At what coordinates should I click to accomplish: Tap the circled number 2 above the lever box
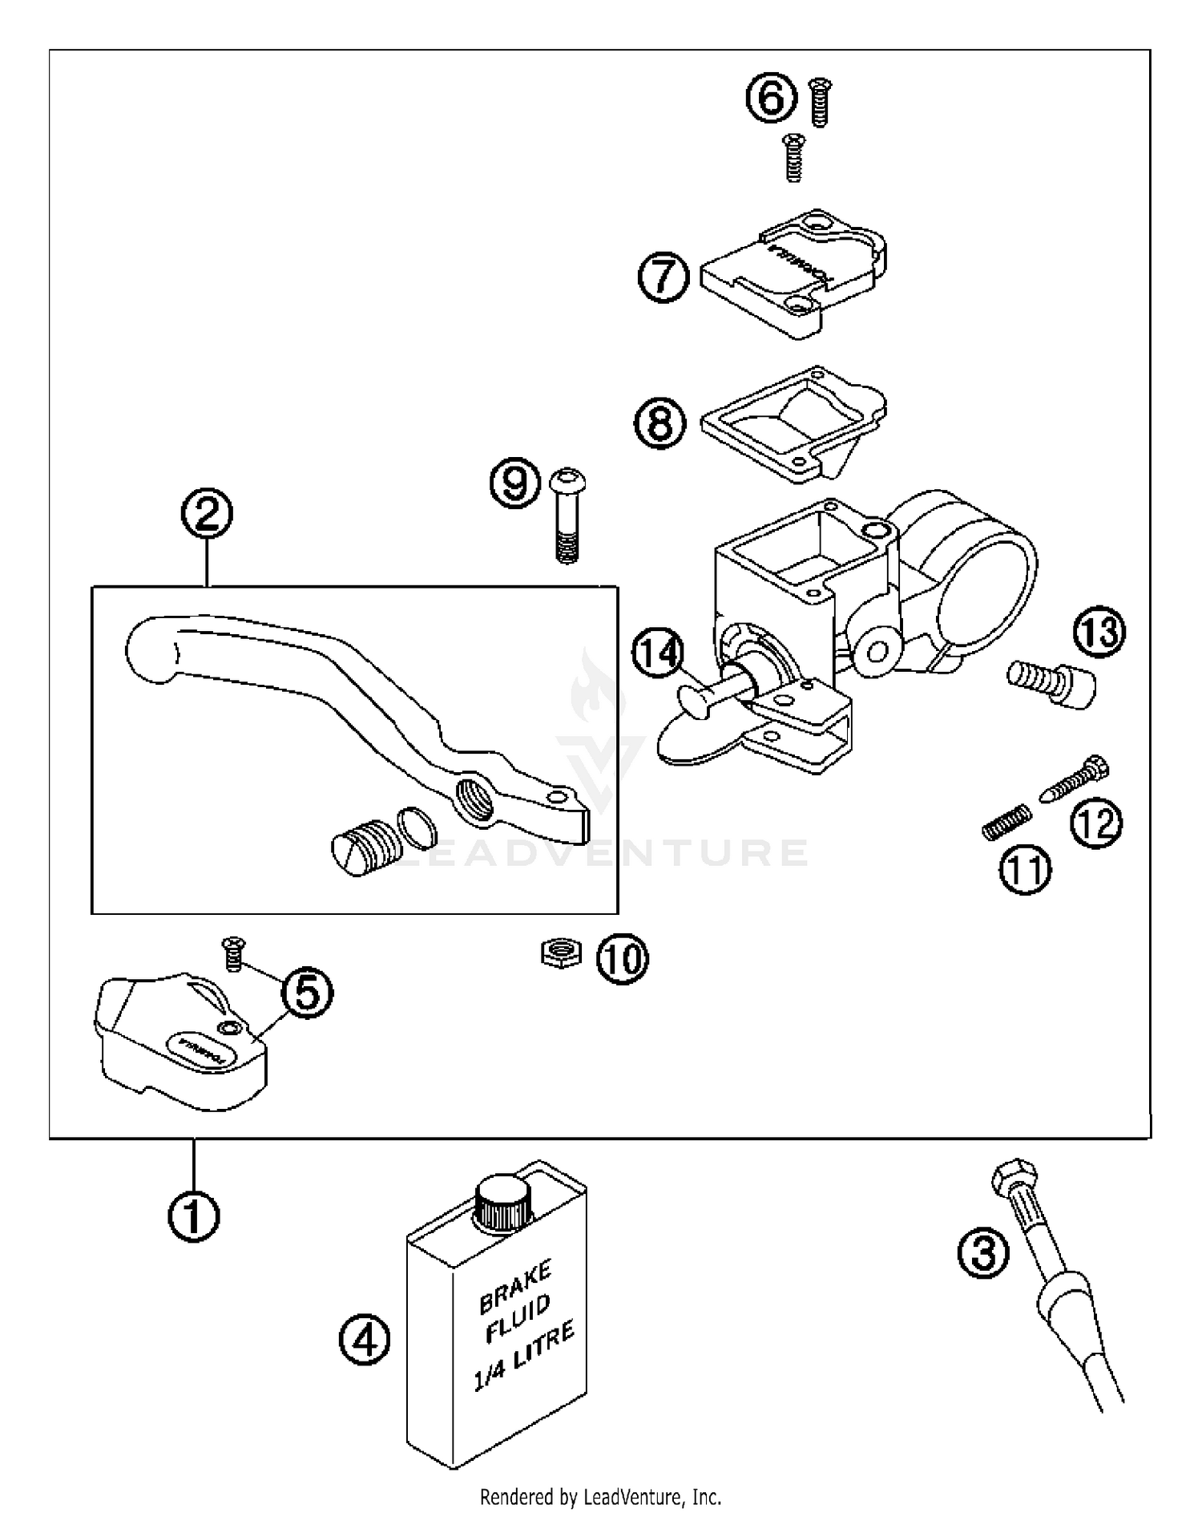click(x=207, y=514)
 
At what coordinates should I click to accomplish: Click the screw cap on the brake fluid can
click(x=502, y=1202)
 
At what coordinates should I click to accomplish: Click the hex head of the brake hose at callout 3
click(x=1015, y=1178)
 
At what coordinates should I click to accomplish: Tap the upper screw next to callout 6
click(x=820, y=101)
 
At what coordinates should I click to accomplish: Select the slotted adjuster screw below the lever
click(x=362, y=847)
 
